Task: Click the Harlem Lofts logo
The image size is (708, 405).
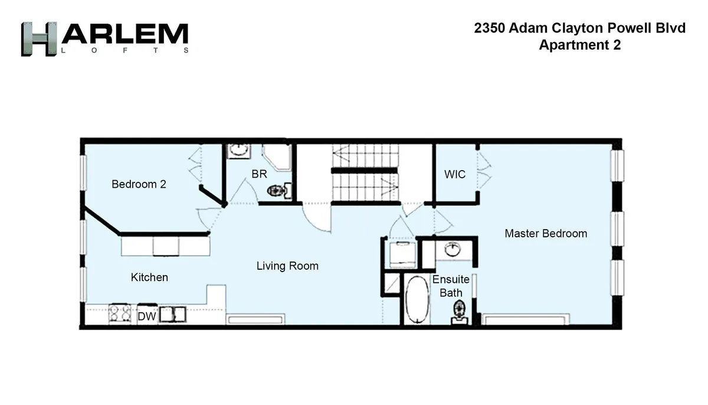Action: click(x=104, y=39)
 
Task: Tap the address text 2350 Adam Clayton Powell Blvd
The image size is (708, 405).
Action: click(x=579, y=28)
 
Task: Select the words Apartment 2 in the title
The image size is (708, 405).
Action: click(x=579, y=45)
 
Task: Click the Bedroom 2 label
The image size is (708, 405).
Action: click(x=139, y=184)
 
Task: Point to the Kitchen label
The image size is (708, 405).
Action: click(x=149, y=277)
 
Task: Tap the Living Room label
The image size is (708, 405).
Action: click(x=287, y=266)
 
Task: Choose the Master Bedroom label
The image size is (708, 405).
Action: click(x=546, y=233)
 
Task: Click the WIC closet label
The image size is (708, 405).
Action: click(x=454, y=174)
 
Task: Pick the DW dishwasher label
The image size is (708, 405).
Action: click(x=146, y=317)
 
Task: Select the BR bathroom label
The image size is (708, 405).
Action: click(x=259, y=174)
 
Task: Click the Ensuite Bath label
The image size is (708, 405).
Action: click(x=451, y=286)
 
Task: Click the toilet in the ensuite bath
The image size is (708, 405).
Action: click(x=459, y=311)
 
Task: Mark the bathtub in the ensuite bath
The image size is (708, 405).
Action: click(x=417, y=300)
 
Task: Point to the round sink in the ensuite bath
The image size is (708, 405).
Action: click(x=453, y=249)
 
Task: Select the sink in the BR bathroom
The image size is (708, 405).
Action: click(x=238, y=149)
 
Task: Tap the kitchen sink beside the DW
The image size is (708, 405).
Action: click(x=173, y=314)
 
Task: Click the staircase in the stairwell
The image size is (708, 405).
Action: click(x=364, y=174)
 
